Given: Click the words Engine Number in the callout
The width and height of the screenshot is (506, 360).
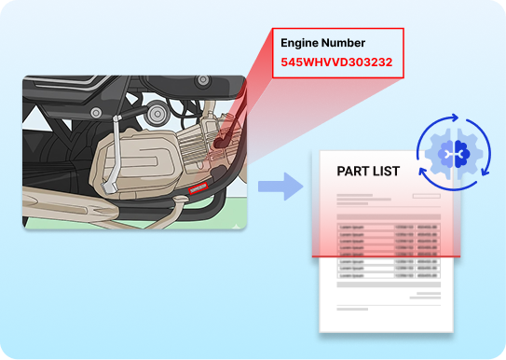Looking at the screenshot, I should point(322,42).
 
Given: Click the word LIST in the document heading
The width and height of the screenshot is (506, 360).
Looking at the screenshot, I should point(386,172).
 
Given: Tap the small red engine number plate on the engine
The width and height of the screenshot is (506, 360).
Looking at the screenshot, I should point(198,188).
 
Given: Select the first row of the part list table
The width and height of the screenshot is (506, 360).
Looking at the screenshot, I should point(386,227).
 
